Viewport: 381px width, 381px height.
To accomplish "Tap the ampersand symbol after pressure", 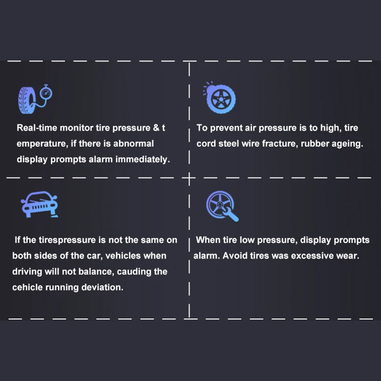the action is coord(156,128).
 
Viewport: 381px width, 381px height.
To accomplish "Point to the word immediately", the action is coord(142,160).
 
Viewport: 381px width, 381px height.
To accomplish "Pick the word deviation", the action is coord(102,287).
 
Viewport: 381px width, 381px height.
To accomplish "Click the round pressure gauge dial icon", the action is coord(46,92).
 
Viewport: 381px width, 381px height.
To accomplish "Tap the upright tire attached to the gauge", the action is coord(27,100).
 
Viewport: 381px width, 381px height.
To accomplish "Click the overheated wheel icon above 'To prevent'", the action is coord(220,98).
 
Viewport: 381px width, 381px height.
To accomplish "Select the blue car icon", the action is coord(40,204).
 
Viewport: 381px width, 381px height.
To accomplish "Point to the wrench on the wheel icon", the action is coord(231,213).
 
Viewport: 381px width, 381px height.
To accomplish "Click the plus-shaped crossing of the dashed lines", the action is coord(189,178).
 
